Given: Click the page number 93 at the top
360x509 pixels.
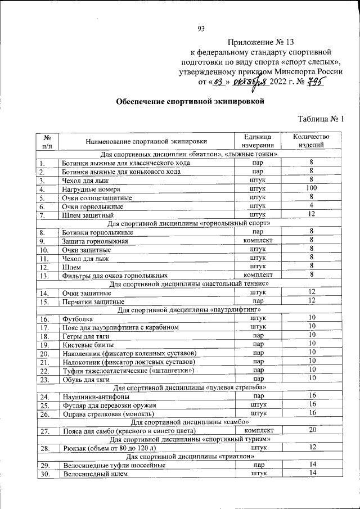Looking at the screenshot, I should (x=201, y=29).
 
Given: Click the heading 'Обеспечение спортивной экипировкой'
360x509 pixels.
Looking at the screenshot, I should (x=190, y=101).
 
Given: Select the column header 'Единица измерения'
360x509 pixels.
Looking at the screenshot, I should (x=258, y=141).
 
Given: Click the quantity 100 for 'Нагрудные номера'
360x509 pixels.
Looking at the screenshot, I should (x=311, y=188).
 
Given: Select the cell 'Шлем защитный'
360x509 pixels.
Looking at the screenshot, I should (x=88, y=215).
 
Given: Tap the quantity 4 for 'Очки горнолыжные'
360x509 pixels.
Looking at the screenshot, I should (x=311, y=206).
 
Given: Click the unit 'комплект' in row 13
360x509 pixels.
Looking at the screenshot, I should (x=258, y=275).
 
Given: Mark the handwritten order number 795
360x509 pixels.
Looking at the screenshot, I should (x=318, y=82).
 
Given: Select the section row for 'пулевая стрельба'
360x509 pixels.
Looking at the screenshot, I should (x=189, y=388).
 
